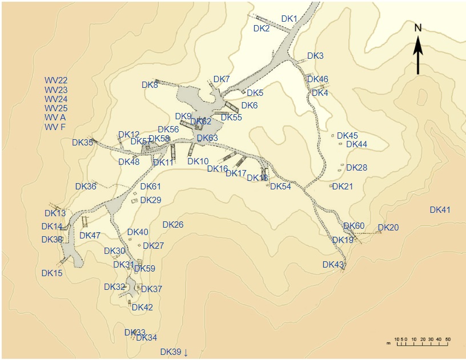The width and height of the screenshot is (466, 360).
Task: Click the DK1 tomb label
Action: [290, 19]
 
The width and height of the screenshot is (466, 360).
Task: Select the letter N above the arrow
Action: [418, 28]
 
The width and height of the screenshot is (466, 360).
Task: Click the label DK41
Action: [440, 210]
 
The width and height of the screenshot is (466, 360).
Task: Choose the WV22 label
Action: [56, 80]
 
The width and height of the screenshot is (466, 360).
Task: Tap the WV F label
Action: [55, 127]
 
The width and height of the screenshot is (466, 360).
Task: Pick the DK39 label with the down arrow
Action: [174, 352]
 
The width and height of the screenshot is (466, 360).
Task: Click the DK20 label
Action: [388, 228]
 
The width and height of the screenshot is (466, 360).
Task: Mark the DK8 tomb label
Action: [150, 85]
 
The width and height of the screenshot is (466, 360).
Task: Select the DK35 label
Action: [82, 143]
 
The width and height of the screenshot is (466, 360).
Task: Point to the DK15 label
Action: [52, 273]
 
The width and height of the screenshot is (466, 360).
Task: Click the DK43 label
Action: [333, 265]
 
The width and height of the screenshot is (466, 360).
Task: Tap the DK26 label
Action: [173, 225]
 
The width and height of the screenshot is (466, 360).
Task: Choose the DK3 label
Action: [315, 56]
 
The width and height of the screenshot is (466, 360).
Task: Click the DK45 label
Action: [347, 136]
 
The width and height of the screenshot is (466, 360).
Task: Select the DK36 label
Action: [86, 187]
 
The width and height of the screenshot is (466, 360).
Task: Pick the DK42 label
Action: [142, 308]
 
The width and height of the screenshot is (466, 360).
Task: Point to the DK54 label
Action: [280, 187]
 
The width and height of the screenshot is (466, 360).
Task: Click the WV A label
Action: [55, 118]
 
